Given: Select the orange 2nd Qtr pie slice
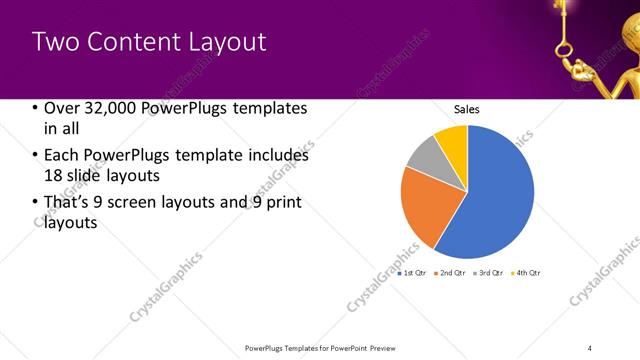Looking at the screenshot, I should [x=421, y=205].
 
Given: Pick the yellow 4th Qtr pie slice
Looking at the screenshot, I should [x=453, y=140].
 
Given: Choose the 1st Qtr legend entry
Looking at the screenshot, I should [x=413, y=272].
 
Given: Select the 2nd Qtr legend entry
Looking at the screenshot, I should [x=452, y=272].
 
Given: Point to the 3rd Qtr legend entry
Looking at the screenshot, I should [x=489, y=272].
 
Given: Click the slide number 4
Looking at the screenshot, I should [x=590, y=347].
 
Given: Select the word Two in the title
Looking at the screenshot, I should [x=54, y=42].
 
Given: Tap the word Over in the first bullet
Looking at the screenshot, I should [x=61, y=108].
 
